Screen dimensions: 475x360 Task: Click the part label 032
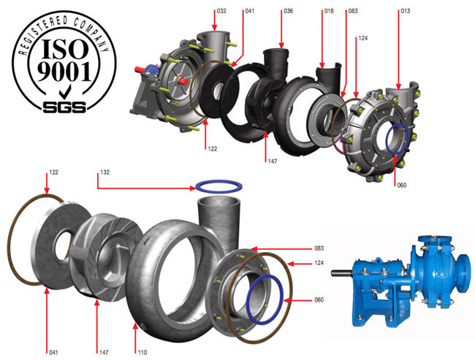[x=221, y=11]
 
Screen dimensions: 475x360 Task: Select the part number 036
[x=289, y=11]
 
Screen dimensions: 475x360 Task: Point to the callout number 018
[x=329, y=11]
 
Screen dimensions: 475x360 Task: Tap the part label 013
[x=406, y=11]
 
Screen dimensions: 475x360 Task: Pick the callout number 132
[x=104, y=172]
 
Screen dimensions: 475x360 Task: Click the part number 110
[x=142, y=353]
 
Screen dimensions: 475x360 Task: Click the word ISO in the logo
[x=64, y=48]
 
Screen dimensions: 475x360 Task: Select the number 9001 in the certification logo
[x=64, y=72]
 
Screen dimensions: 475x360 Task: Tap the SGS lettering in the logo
[x=64, y=107]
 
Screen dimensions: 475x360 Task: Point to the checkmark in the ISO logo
[x=65, y=92]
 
